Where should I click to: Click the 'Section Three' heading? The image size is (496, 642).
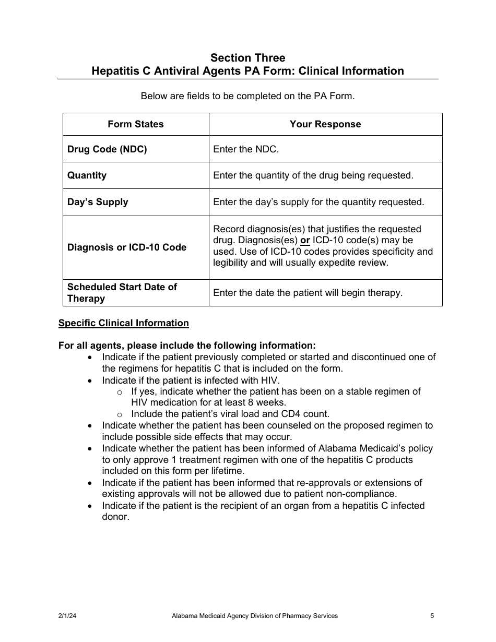tap(247, 57)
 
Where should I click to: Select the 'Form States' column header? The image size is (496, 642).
tap(136, 124)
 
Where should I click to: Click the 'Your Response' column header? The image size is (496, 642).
tap(325, 124)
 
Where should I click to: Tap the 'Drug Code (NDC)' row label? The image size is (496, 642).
tap(107, 149)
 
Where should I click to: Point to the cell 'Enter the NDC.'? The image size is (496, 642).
tap(246, 149)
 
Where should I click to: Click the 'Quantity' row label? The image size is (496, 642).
tap(87, 175)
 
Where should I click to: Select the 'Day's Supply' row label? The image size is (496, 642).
tap(98, 202)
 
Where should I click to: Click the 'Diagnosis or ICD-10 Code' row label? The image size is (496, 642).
tap(127, 247)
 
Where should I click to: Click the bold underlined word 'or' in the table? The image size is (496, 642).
tap(305, 241)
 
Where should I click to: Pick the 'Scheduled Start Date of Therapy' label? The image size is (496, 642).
tap(122, 293)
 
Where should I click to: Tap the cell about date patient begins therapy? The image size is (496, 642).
tap(308, 293)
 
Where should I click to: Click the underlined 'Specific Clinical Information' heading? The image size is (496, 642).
tap(124, 323)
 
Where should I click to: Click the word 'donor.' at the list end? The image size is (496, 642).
tap(115, 517)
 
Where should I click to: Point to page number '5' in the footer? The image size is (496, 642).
tap(432, 616)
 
